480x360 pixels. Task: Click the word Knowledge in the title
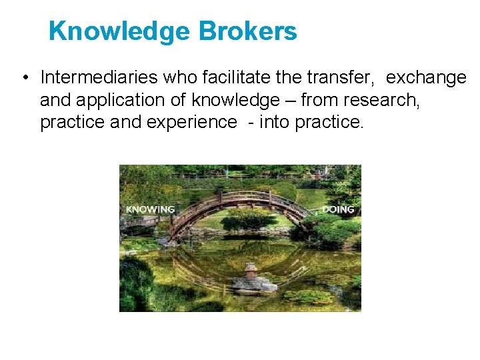[119, 31]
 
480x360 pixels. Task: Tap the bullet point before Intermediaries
[24, 78]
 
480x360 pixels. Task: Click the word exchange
[426, 78]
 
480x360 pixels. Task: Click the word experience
[195, 123]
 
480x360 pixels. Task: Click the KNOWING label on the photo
[150, 209]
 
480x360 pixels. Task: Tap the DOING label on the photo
[338, 209]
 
